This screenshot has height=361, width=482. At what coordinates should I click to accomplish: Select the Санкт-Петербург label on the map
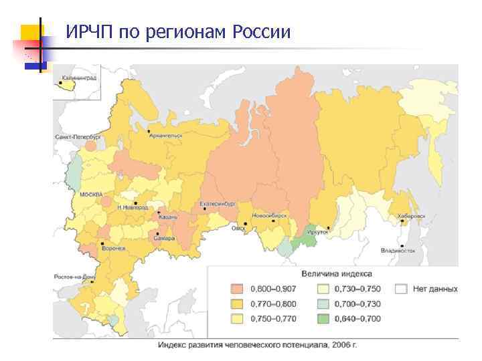pyautogui.click(x=77, y=136)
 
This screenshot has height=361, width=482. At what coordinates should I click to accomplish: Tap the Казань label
pyautogui.click(x=167, y=217)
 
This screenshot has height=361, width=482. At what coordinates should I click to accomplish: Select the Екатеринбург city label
pyautogui.click(x=218, y=203)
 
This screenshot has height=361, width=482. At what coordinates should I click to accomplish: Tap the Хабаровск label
pyautogui.click(x=410, y=217)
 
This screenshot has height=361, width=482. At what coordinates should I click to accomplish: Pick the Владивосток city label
pyautogui.click(x=398, y=251)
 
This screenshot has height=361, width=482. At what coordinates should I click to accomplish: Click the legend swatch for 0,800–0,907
pyautogui.click(x=238, y=289)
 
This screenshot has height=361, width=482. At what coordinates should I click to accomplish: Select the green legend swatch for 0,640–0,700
pyautogui.click(x=325, y=319)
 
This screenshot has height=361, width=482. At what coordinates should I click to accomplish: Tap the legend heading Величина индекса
pyautogui.click(x=337, y=273)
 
